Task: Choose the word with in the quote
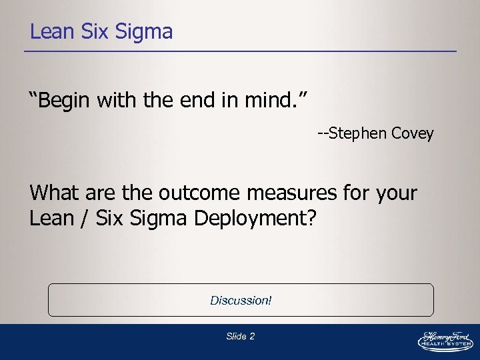(x=117, y=102)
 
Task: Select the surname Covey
(x=413, y=133)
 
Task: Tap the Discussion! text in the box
(x=241, y=301)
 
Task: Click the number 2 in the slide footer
(x=251, y=337)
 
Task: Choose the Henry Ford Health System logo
(x=445, y=340)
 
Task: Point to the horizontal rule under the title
(x=243, y=51)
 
